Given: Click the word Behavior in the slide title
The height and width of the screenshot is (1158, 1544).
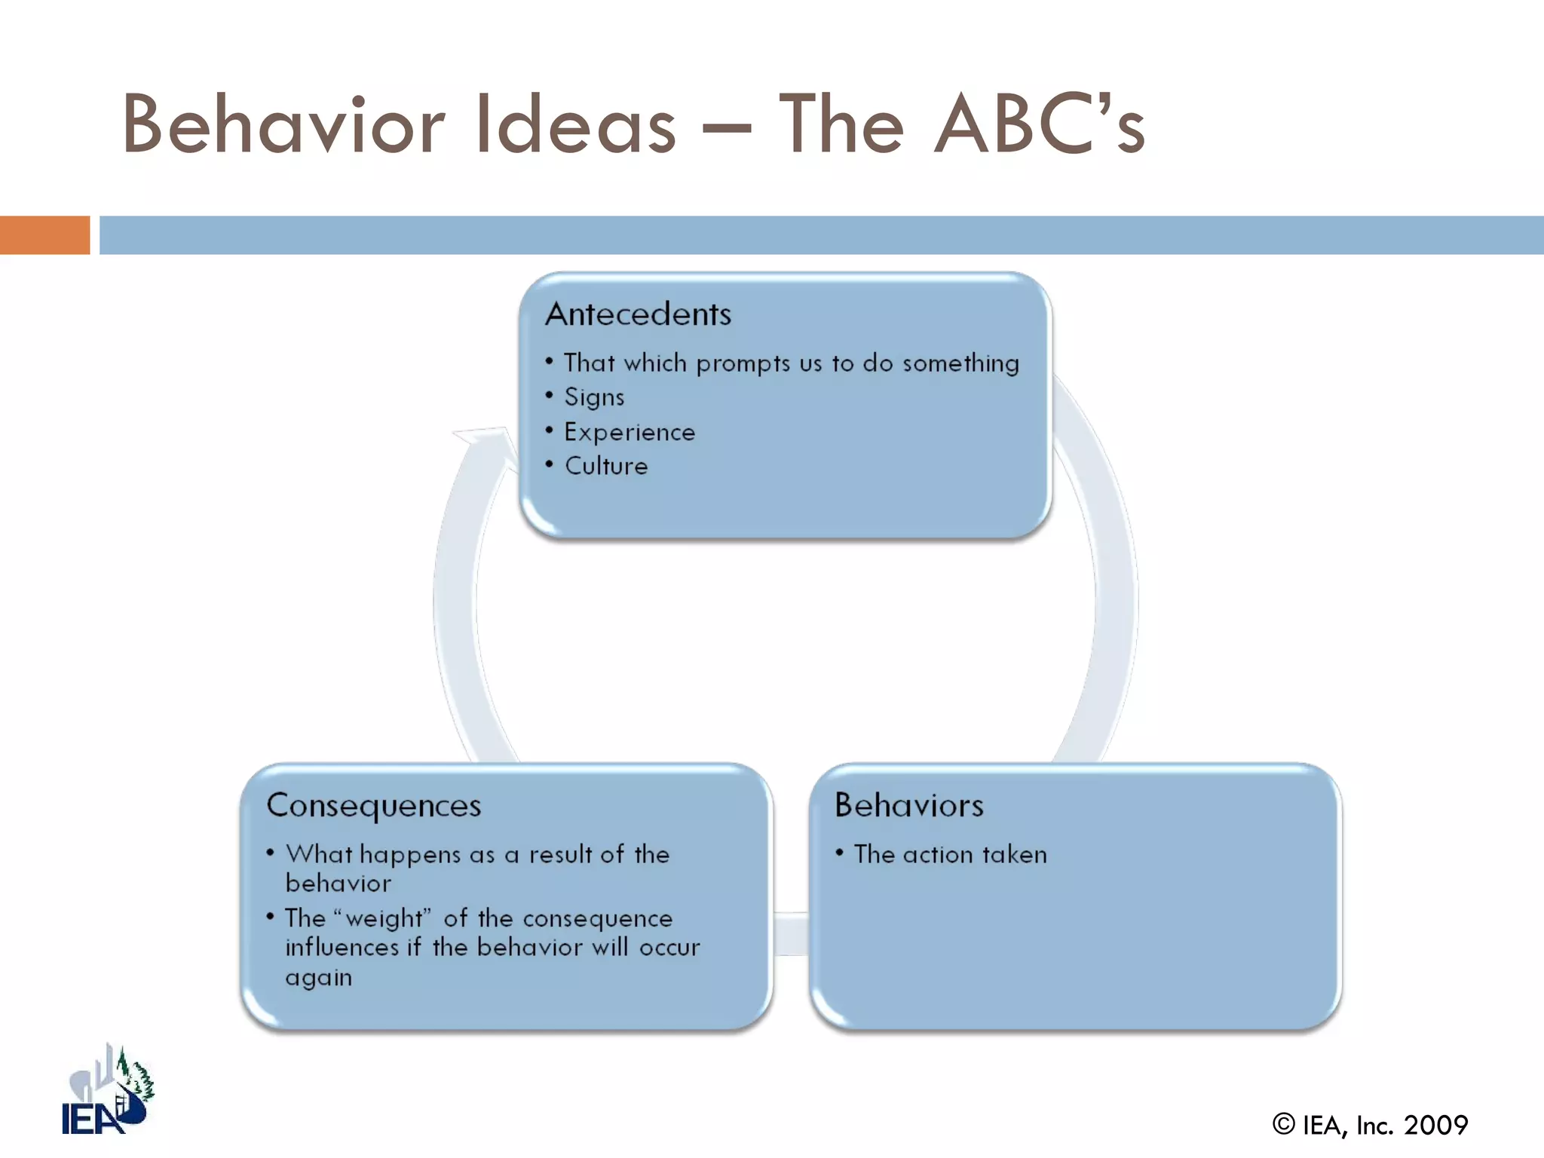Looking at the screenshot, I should tap(283, 124).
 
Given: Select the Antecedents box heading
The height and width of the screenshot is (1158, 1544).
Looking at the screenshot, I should tap(638, 314).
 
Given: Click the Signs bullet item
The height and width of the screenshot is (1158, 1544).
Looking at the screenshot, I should tap(594, 397).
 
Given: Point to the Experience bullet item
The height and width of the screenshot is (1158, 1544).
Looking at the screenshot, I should tap(630, 432).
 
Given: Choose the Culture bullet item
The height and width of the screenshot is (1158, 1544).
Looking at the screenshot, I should tap(606, 466).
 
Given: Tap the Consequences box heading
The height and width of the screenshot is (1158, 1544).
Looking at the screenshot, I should tap(374, 806).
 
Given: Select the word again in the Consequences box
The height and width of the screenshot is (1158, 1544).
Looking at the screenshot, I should tap(318, 978).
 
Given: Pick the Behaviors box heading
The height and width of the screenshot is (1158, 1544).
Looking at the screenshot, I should tap(909, 805).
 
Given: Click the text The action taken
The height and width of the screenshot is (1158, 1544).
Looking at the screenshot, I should tap(950, 854).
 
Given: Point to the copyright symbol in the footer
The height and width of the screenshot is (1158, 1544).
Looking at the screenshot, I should tap(1283, 1124).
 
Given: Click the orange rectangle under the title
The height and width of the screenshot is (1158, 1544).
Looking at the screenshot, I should tap(44, 235).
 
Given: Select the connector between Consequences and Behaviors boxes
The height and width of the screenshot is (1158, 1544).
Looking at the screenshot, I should tap(790, 934).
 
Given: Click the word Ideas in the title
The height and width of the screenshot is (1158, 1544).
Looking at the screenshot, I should tap(576, 124).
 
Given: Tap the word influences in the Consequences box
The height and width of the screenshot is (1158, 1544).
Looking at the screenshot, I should tap(342, 947).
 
